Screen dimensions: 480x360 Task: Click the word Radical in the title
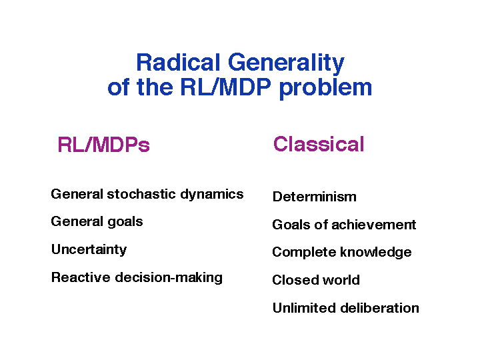point(178,63)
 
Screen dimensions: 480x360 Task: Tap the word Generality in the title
point(286,64)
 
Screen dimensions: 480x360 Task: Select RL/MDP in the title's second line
point(225,87)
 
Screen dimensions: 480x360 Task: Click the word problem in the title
point(325,89)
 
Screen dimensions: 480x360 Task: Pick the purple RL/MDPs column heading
point(104,145)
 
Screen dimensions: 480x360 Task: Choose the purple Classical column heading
point(319,144)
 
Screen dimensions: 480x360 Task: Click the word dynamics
point(212,195)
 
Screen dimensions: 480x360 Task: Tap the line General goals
point(97,222)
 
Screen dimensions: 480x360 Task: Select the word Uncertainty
point(89,250)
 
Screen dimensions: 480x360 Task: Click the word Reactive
point(81,277)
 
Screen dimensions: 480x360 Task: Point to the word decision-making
point(169,278)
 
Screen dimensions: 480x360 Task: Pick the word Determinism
point(315,197)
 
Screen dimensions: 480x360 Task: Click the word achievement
point(374,225)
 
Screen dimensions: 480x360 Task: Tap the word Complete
point(304,253)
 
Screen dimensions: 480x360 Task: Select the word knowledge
point(376,253)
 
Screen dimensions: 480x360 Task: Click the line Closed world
point(316,280)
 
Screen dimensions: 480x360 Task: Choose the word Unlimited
point(304,307)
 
